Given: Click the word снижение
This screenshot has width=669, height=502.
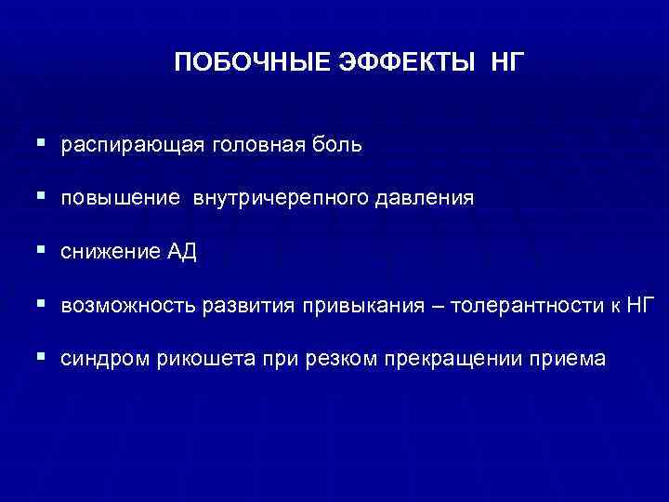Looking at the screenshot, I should tap(110, 252).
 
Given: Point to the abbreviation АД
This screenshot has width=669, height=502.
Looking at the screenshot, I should tap(182, 252).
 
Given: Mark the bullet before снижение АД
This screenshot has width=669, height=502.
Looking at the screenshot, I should tap(44, 251).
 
